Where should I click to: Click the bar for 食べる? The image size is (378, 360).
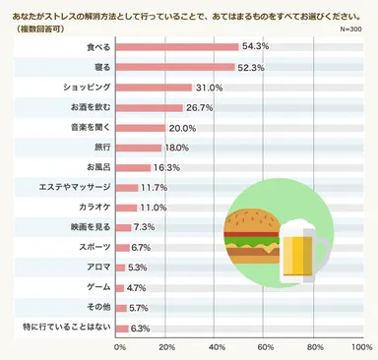pos(178,46)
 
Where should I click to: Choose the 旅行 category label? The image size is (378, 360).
pos(100,148)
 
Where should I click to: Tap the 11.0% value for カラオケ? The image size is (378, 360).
pos(153,208)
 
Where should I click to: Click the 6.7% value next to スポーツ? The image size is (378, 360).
pos(140,247)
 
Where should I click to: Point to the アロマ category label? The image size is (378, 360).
pos(97,267)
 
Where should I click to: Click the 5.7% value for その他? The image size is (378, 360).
pos(139,307)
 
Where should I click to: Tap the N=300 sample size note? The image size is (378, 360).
pos(350,30)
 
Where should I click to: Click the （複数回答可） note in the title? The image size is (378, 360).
pos(36,30)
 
